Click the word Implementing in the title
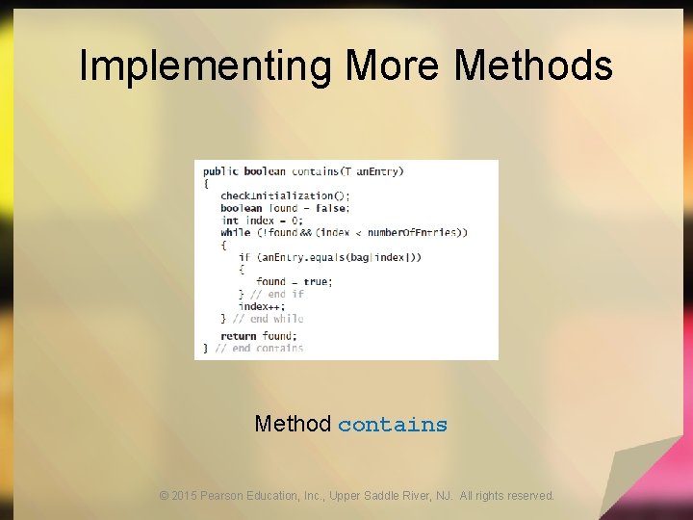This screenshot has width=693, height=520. tap(205, 65)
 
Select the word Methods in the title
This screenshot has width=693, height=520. tap(533, 65)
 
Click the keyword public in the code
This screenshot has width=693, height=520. tap(220, 171)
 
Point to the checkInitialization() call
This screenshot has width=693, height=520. tap(278, 195)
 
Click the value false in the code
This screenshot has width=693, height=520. tap(332, 208)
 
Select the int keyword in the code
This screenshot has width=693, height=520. tap(229, 221)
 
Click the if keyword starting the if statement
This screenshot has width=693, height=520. tap(244, 257)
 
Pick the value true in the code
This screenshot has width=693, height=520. tap(317, 281)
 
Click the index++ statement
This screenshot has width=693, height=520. tap(262, 306)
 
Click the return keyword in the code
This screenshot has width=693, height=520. tap(238, 336)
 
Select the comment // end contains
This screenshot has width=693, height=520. tap(259, 348)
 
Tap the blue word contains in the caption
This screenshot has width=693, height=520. tap(393, 425)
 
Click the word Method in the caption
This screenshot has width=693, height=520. tap(293, 424)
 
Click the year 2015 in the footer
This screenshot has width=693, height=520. tap(184, 496)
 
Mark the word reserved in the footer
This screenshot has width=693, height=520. tap(529, 496)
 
